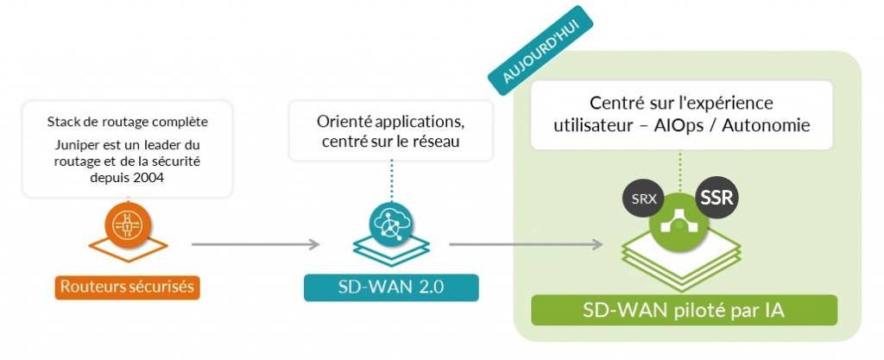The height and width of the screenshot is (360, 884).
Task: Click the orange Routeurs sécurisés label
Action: [x=128, y=287]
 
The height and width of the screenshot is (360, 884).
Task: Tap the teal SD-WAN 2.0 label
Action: [x=391, y=287]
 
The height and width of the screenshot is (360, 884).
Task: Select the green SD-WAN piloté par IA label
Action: [x=684, y=310]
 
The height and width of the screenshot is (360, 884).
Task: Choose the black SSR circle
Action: [x=717, y=198]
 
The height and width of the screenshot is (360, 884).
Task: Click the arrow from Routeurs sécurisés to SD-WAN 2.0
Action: [x=256, y=245]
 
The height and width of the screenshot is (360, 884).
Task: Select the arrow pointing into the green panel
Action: [x=526, y=245]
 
